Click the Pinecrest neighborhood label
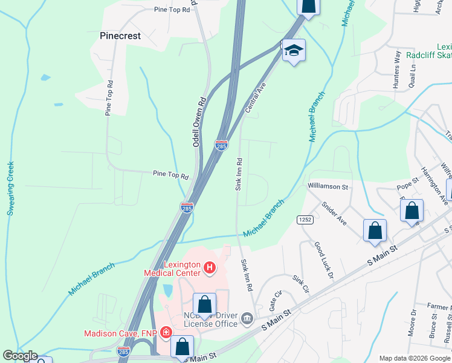pos(120,36)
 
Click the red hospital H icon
pos(210,267)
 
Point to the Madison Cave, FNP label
pos(120,333)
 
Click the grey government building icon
pos(247,318)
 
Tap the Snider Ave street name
pos(334,214)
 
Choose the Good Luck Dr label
pos(323,260)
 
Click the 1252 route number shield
pos(304,220)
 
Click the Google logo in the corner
pos(20,356)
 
